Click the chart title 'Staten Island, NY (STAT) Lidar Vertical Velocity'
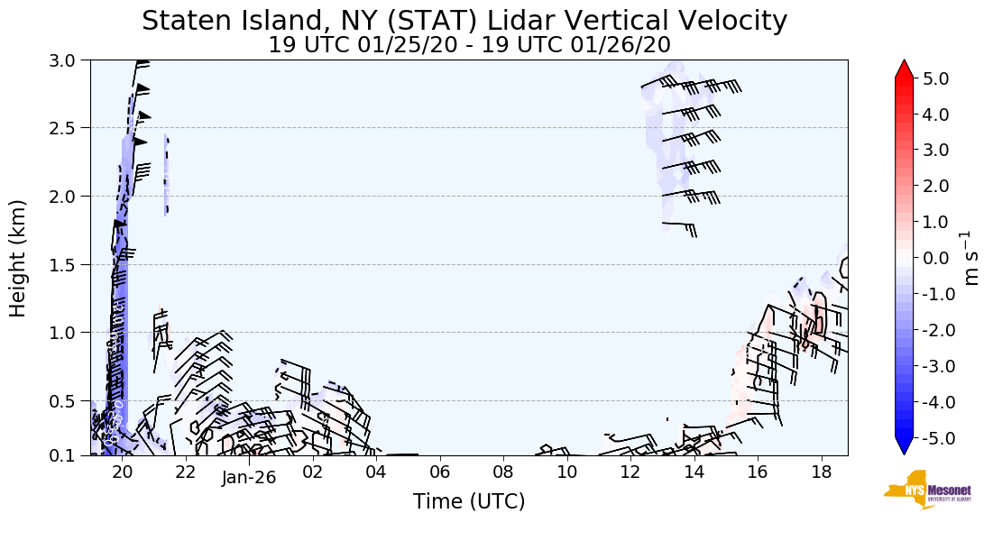[x=464, y=21]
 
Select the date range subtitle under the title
[x=469, y=45]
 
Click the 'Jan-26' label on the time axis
[x=248, y=479]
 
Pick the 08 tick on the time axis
[x=502, y=472]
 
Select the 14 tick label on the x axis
[x=694, y=472]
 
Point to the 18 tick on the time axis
[x=821, y=472]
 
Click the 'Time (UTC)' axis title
[x=469, y=501]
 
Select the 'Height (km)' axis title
[x=18, y=258]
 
